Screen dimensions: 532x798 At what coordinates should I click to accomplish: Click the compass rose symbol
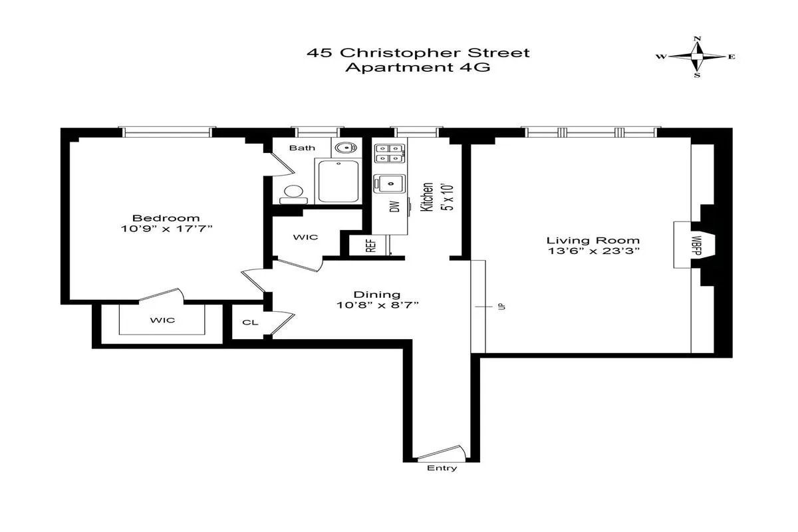[697, 57]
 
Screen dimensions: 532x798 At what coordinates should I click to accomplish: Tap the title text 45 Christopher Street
[418, 53]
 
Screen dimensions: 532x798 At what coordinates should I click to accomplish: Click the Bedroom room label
[166, 218]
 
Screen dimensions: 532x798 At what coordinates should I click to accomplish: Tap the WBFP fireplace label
[696, 244]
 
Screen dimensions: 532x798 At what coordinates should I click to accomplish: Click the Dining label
[376, 295]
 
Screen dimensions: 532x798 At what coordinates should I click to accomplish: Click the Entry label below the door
[442, 468]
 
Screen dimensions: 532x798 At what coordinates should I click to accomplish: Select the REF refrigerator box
[370, 245]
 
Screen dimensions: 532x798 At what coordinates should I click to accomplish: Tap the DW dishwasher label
[394, 207]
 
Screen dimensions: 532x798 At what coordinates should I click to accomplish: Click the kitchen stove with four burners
[388, 154]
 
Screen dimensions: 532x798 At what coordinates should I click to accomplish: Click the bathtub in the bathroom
[338, 181]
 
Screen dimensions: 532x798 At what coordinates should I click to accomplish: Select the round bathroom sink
[344, 148]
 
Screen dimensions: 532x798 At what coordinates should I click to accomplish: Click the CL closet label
[250, 323]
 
